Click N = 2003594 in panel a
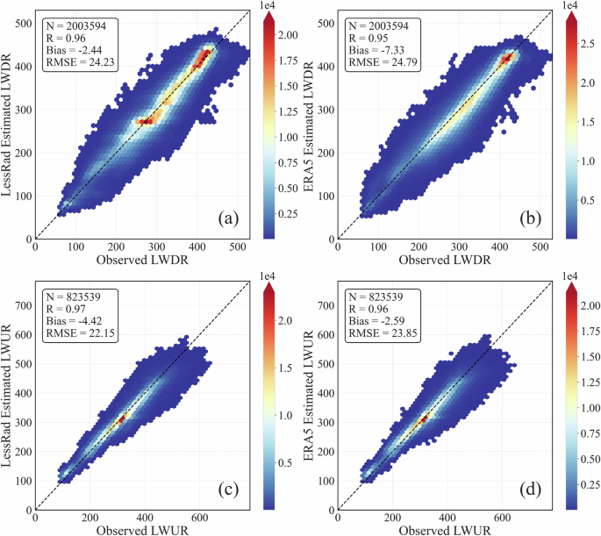[77, 25]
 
